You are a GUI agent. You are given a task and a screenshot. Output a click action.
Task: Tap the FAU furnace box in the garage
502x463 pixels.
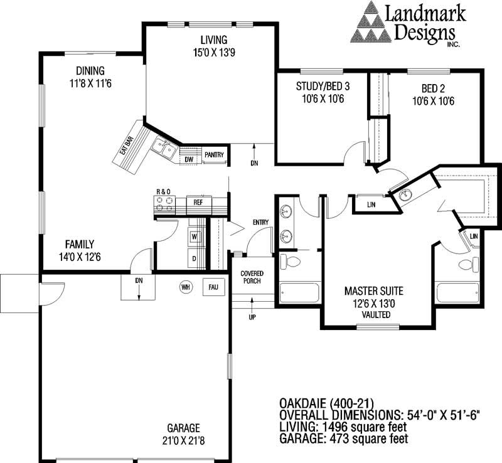(212, 287)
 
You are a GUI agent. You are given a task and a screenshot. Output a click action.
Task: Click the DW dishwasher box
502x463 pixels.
(188, 159)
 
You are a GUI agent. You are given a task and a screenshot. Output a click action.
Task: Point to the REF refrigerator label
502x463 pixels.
(198, 202)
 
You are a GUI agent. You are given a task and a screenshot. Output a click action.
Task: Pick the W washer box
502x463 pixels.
(194, 237)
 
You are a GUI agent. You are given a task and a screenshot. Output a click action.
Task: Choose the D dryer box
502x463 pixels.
(194, 258)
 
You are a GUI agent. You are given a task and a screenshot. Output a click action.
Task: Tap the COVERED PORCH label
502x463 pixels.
(252, 277)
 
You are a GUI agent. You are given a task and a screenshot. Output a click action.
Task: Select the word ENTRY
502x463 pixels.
(260, 223)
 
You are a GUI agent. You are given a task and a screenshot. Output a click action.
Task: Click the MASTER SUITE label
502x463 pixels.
(374, 291)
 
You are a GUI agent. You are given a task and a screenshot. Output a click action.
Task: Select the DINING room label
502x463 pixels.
(90, 70)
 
